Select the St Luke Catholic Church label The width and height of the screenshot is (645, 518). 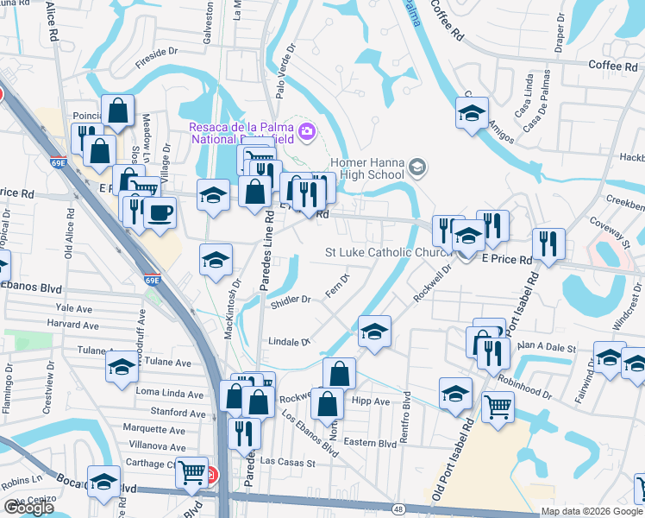coord(388,252)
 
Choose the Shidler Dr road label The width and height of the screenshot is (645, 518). coord(290,300)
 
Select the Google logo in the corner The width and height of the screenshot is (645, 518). coord(28,508)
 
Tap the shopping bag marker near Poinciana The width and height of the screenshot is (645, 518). coord(117,110)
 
